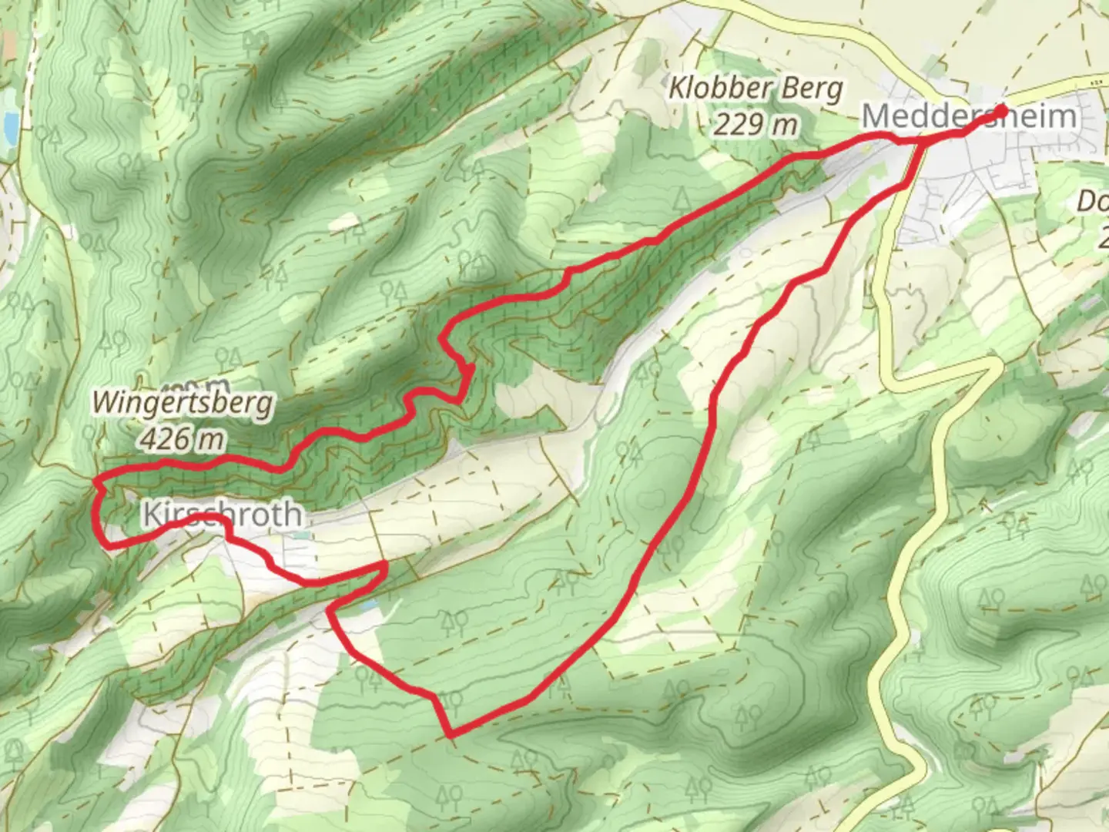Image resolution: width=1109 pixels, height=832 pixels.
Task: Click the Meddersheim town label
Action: tap(969, 117)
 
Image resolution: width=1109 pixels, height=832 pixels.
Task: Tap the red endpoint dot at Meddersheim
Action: tap(1000, 112)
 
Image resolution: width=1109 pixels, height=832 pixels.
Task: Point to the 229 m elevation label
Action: tap(755, 123)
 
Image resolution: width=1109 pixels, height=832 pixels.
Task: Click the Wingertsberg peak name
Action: tap(183, 403)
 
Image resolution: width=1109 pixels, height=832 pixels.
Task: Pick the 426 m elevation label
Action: tap(183, 438)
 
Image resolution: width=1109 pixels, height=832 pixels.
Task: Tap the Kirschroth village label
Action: tap(222, 515)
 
